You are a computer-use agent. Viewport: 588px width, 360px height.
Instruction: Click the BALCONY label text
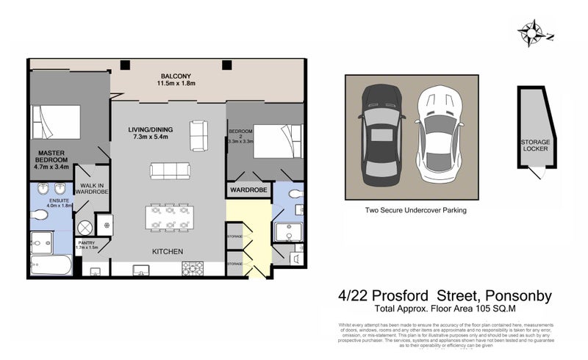point(176,76)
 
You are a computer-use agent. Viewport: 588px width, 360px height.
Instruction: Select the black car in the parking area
point(380,136)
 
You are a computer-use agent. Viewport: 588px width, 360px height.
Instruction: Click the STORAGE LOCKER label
point(534,144)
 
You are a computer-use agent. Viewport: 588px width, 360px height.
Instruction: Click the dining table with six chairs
point(170,217)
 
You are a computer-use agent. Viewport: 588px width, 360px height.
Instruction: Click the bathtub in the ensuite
point(51,264)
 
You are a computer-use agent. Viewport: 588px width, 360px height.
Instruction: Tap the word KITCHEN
point(167,252)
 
